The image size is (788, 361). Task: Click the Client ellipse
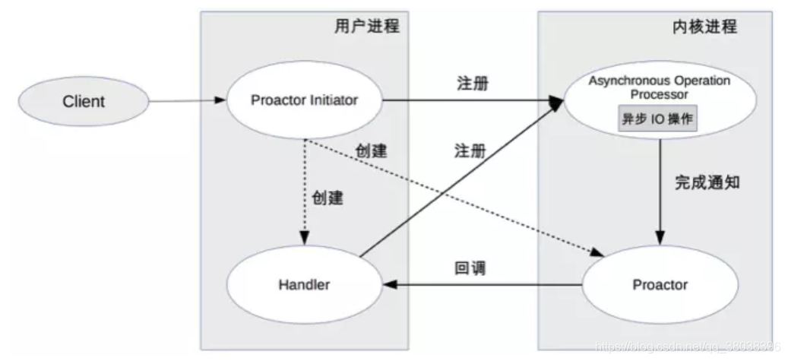[x=83, y=101]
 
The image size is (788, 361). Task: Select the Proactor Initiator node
[x=304, y=100]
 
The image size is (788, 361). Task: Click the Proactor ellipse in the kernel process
[x=660, y=285]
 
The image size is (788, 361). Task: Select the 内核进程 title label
[x=704, y=27]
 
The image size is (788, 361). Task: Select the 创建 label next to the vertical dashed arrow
[x=328, y=199]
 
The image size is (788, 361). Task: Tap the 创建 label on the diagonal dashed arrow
[x=371, y=151]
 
